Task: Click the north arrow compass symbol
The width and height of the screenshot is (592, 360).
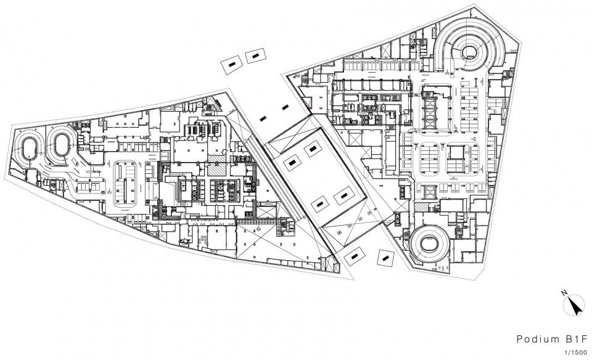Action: pyautogui.click(x=574, y=305)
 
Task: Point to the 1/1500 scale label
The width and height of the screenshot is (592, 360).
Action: pyautogui.click(x=576, y=353)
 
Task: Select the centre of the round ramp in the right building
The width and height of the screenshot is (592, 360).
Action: pyautogui.click(x=429, y=243)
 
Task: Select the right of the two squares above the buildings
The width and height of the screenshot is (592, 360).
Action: pyautogui.click(x=255, y=56)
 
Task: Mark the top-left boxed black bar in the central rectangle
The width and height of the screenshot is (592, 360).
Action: pyautogui.click(x=292, y=163)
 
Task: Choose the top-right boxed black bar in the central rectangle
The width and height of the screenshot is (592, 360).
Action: pyautogui.click(x=312, y=149)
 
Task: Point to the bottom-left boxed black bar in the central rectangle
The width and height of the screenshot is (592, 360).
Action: pyautogui.click(x=320, y=204)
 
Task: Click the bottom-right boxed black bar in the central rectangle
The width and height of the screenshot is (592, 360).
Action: pyautogui.click(x=343, y=196)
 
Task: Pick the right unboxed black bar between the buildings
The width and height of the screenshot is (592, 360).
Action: pyautogui.click(x=286, y=107)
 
